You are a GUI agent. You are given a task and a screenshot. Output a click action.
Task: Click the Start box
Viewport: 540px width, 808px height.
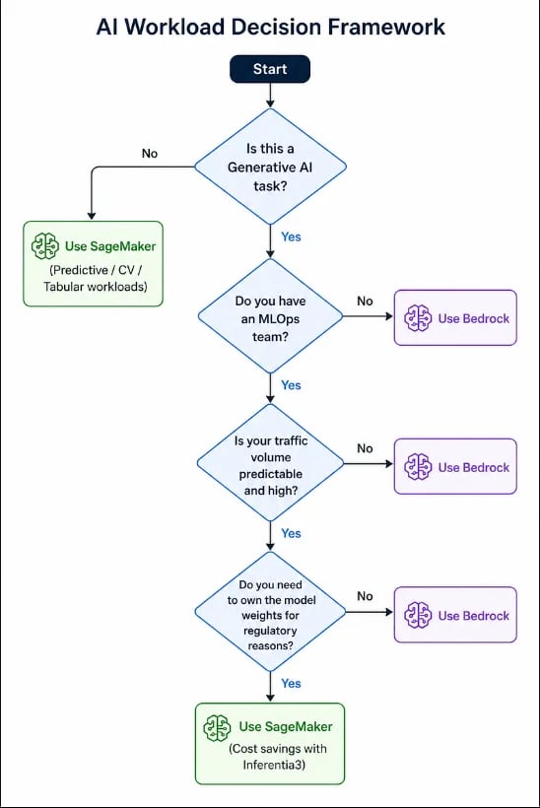click(x=270, y=69)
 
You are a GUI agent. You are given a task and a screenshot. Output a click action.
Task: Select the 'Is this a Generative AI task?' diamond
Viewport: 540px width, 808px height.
click(x=270, y=167)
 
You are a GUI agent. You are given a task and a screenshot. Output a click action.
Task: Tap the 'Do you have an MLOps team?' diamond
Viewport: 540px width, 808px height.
click(x=271, y=316)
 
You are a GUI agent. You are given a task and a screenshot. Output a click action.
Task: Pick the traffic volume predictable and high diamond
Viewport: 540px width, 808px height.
click(x=271, y=464)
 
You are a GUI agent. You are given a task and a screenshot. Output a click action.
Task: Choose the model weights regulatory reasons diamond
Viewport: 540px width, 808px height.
click(x=270, y=612)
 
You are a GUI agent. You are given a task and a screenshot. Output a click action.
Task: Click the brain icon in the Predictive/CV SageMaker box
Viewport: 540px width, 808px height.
click(x=45, y=245)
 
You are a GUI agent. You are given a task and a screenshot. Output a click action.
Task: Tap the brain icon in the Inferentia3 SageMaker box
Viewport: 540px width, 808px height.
click(x=217, y=727)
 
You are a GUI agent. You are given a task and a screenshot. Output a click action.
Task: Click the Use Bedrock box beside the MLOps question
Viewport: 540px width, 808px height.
click(x=455, y=317)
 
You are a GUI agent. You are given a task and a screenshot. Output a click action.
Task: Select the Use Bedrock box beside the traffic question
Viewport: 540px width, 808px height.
click(x=455, y=466)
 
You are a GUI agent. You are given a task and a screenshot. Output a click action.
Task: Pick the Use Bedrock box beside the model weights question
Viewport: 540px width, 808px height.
click(x=455, y=615)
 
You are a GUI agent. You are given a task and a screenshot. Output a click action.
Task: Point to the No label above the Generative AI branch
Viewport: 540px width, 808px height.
click(x=150, y=154)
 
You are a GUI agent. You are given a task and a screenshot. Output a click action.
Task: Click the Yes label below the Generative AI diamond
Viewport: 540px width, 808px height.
click(x=291, y=236)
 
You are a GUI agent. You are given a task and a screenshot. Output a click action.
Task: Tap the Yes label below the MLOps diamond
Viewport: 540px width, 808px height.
click(x=291, y=385)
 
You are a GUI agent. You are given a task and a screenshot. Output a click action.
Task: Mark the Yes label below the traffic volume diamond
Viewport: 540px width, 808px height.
click(x=291, y=533)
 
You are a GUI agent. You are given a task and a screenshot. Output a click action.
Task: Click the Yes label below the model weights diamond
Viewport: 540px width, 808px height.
click(x=291, y=683)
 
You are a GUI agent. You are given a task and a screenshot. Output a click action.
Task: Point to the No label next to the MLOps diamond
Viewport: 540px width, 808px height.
click(x=365, y=301)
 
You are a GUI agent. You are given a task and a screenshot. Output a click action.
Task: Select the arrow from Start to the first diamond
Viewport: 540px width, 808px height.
click(x=270, y=96)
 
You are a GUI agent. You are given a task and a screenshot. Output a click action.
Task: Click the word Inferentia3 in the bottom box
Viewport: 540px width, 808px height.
click(x=274, y=765)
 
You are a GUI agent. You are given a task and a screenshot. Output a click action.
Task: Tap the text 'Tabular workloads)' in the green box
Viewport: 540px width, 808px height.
click(x=96, y=287)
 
